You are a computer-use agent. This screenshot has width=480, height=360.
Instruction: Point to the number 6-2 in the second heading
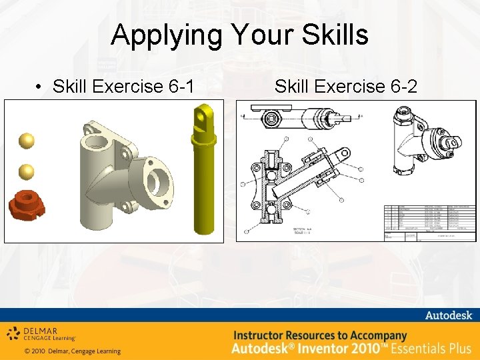403,87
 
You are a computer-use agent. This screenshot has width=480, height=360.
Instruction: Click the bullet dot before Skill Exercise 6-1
40,87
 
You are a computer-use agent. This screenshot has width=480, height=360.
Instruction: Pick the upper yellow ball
26,141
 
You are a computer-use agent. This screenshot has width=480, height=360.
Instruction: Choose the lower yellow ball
26,171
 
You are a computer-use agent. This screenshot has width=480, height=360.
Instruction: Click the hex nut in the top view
271,119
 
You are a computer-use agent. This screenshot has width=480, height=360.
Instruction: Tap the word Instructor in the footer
265,335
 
